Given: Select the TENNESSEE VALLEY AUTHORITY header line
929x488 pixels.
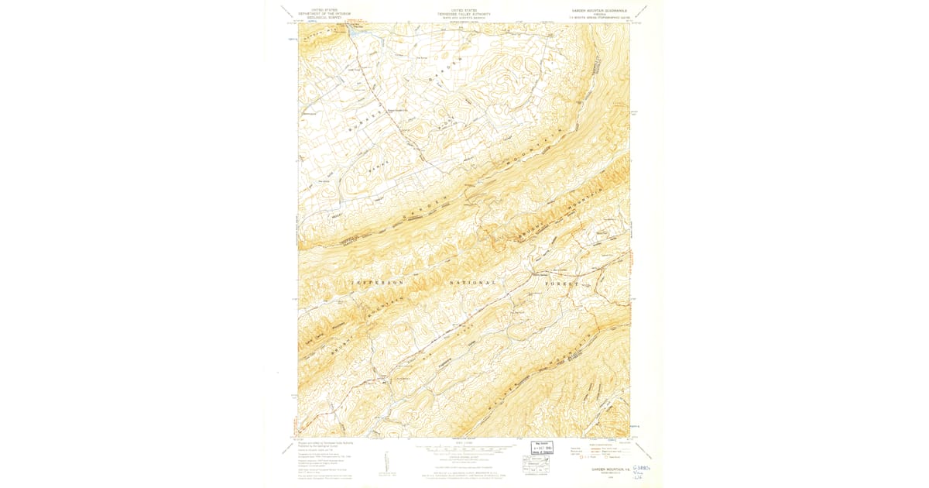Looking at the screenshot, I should [x=464, y=12].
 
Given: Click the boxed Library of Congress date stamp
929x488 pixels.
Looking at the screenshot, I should [x=542, y=448].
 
